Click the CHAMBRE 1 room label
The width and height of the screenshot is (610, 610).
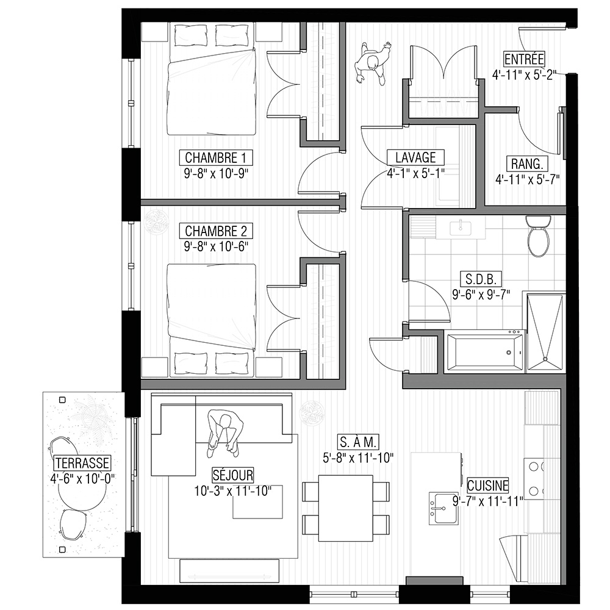[x=215, y=157]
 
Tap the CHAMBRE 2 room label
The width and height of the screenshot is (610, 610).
[x=216, y=231]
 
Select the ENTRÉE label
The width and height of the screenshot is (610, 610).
[x=524, y=59]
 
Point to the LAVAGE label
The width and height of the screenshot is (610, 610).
[x=415, y=157]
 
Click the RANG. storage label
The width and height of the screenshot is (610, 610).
[x=527, y=163]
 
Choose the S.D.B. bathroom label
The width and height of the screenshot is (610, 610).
[x=481, y=279]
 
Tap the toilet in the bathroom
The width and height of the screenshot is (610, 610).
[x=538, y=236]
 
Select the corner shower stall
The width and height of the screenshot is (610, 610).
[x=545, y=331]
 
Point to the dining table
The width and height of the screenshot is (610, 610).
[x=346, y=508]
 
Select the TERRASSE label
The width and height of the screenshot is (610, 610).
[x=82, y=463]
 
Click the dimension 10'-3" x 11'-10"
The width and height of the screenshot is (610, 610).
[x=233, y=491]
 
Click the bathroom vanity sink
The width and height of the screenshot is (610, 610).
[x=461, y=228]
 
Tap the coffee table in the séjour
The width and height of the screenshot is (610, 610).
[x=258, y=502]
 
